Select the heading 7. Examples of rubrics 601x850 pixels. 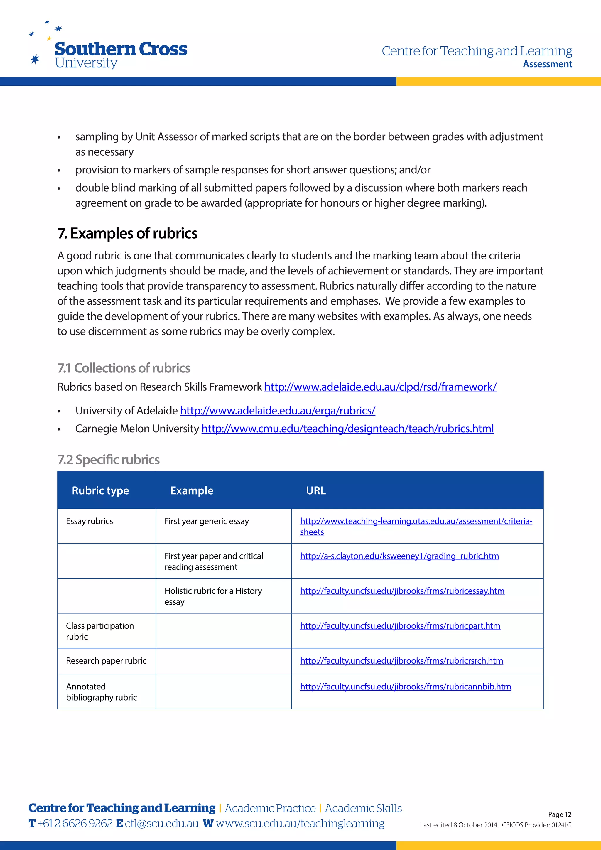click(127, 233)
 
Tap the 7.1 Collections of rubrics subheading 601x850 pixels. click(124, 368)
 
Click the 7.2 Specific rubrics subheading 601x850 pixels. click(108, 459)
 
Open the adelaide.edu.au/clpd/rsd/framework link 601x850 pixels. click(380, 387)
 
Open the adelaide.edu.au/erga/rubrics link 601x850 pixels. click(278, 411)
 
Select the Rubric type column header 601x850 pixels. click(100, 490)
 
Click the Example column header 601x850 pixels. click(192, 490)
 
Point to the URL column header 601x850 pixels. click(316, 490)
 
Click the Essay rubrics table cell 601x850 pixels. click(90, 521)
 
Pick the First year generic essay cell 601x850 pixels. click(207, 521)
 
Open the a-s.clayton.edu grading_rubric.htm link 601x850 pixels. click(399, 556)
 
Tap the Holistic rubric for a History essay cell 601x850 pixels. click(213, 596)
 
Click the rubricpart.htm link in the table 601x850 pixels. click(400, 626)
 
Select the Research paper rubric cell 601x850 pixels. click(106, 661)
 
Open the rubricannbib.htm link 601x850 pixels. click(405, 687)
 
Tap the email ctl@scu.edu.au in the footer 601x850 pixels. click(162, 823)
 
